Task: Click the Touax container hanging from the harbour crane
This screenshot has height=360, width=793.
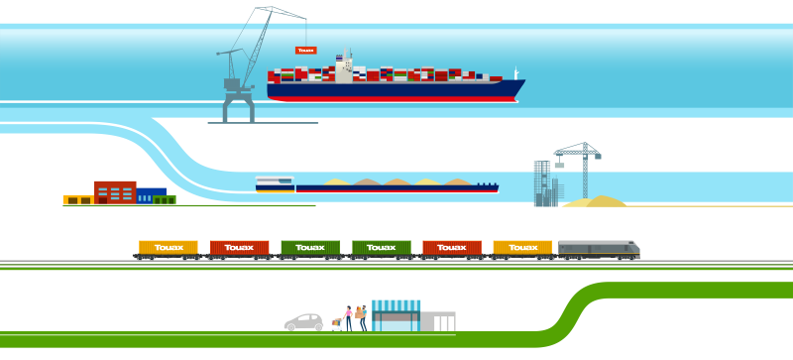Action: pos(305,50)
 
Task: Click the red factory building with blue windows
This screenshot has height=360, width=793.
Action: pos(115,191)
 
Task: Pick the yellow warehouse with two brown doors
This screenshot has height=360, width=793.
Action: pos(78,199)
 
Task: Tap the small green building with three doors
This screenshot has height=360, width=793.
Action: pos(165,199)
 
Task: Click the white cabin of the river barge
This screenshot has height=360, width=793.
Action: pos(275,183)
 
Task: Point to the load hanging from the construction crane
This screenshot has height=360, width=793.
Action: pos(559,166)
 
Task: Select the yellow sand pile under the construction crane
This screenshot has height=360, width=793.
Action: pos(595,201)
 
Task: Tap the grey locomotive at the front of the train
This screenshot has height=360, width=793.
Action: pos(599,248)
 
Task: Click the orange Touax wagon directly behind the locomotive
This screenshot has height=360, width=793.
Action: pos(522,247)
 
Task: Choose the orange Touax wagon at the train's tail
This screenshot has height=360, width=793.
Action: pos(169,247)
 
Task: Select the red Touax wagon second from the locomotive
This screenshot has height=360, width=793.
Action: pos(452,247)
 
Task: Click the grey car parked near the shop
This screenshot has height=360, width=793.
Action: pos(303,322)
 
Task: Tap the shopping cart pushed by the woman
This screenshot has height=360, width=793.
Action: pos(337,322)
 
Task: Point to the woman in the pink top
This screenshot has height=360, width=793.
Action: pos(348,317)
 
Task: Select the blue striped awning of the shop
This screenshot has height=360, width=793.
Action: pos(396,305)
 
